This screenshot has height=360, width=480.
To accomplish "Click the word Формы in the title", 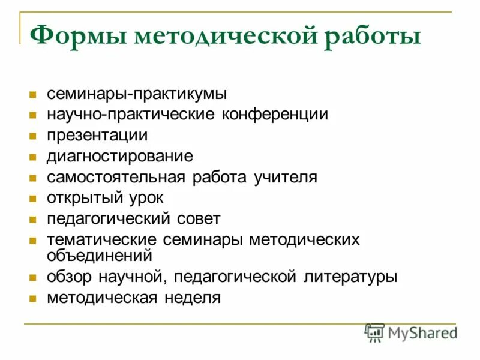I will pos(79,37).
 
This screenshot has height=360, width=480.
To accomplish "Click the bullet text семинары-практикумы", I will pos(137,94).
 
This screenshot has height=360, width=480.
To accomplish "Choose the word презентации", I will pos(97,136).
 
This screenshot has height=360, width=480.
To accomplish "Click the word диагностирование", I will pos(120,157).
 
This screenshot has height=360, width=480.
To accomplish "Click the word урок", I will pos(145,198).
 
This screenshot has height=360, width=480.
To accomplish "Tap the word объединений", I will pos(99,255).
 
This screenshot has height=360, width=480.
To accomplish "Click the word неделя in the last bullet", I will pos(191,298).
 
